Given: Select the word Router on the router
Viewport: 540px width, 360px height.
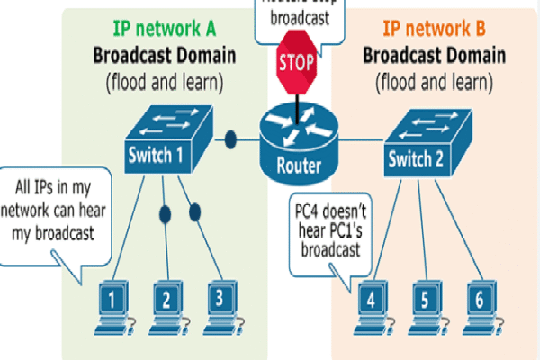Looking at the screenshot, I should coord(299,164).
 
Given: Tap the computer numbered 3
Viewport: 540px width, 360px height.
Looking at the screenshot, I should coord(218,302).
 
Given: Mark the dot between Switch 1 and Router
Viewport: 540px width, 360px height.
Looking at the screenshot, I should coord(230,140).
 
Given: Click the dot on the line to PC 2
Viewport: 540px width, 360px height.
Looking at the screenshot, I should coord(165,216).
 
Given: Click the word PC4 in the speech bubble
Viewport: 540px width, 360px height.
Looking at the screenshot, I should coord(310,213).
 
